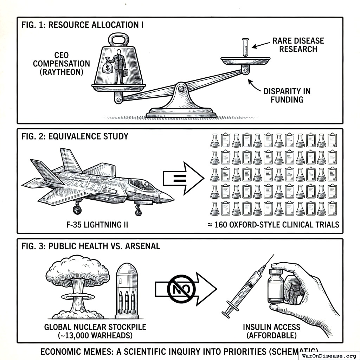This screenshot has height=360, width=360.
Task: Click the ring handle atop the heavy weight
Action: [x=118, y=40]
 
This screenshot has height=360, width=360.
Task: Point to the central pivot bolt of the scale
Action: [x=181, y=89]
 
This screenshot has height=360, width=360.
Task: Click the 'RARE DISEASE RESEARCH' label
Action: [x=298, y=45]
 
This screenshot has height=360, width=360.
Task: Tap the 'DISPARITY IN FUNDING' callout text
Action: [x=287, y=96]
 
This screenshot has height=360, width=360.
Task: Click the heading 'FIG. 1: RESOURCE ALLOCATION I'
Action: [x=83, y=26]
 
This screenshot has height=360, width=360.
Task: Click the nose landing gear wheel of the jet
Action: [x=138, y=212]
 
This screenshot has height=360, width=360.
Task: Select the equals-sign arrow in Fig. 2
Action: [x=183, y=178]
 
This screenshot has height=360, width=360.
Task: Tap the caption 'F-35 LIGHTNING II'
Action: [x=97, y=224]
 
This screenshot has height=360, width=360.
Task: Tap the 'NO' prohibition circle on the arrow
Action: [x=181, y=289]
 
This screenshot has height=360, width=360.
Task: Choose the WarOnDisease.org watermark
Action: [x=329, y=355]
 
